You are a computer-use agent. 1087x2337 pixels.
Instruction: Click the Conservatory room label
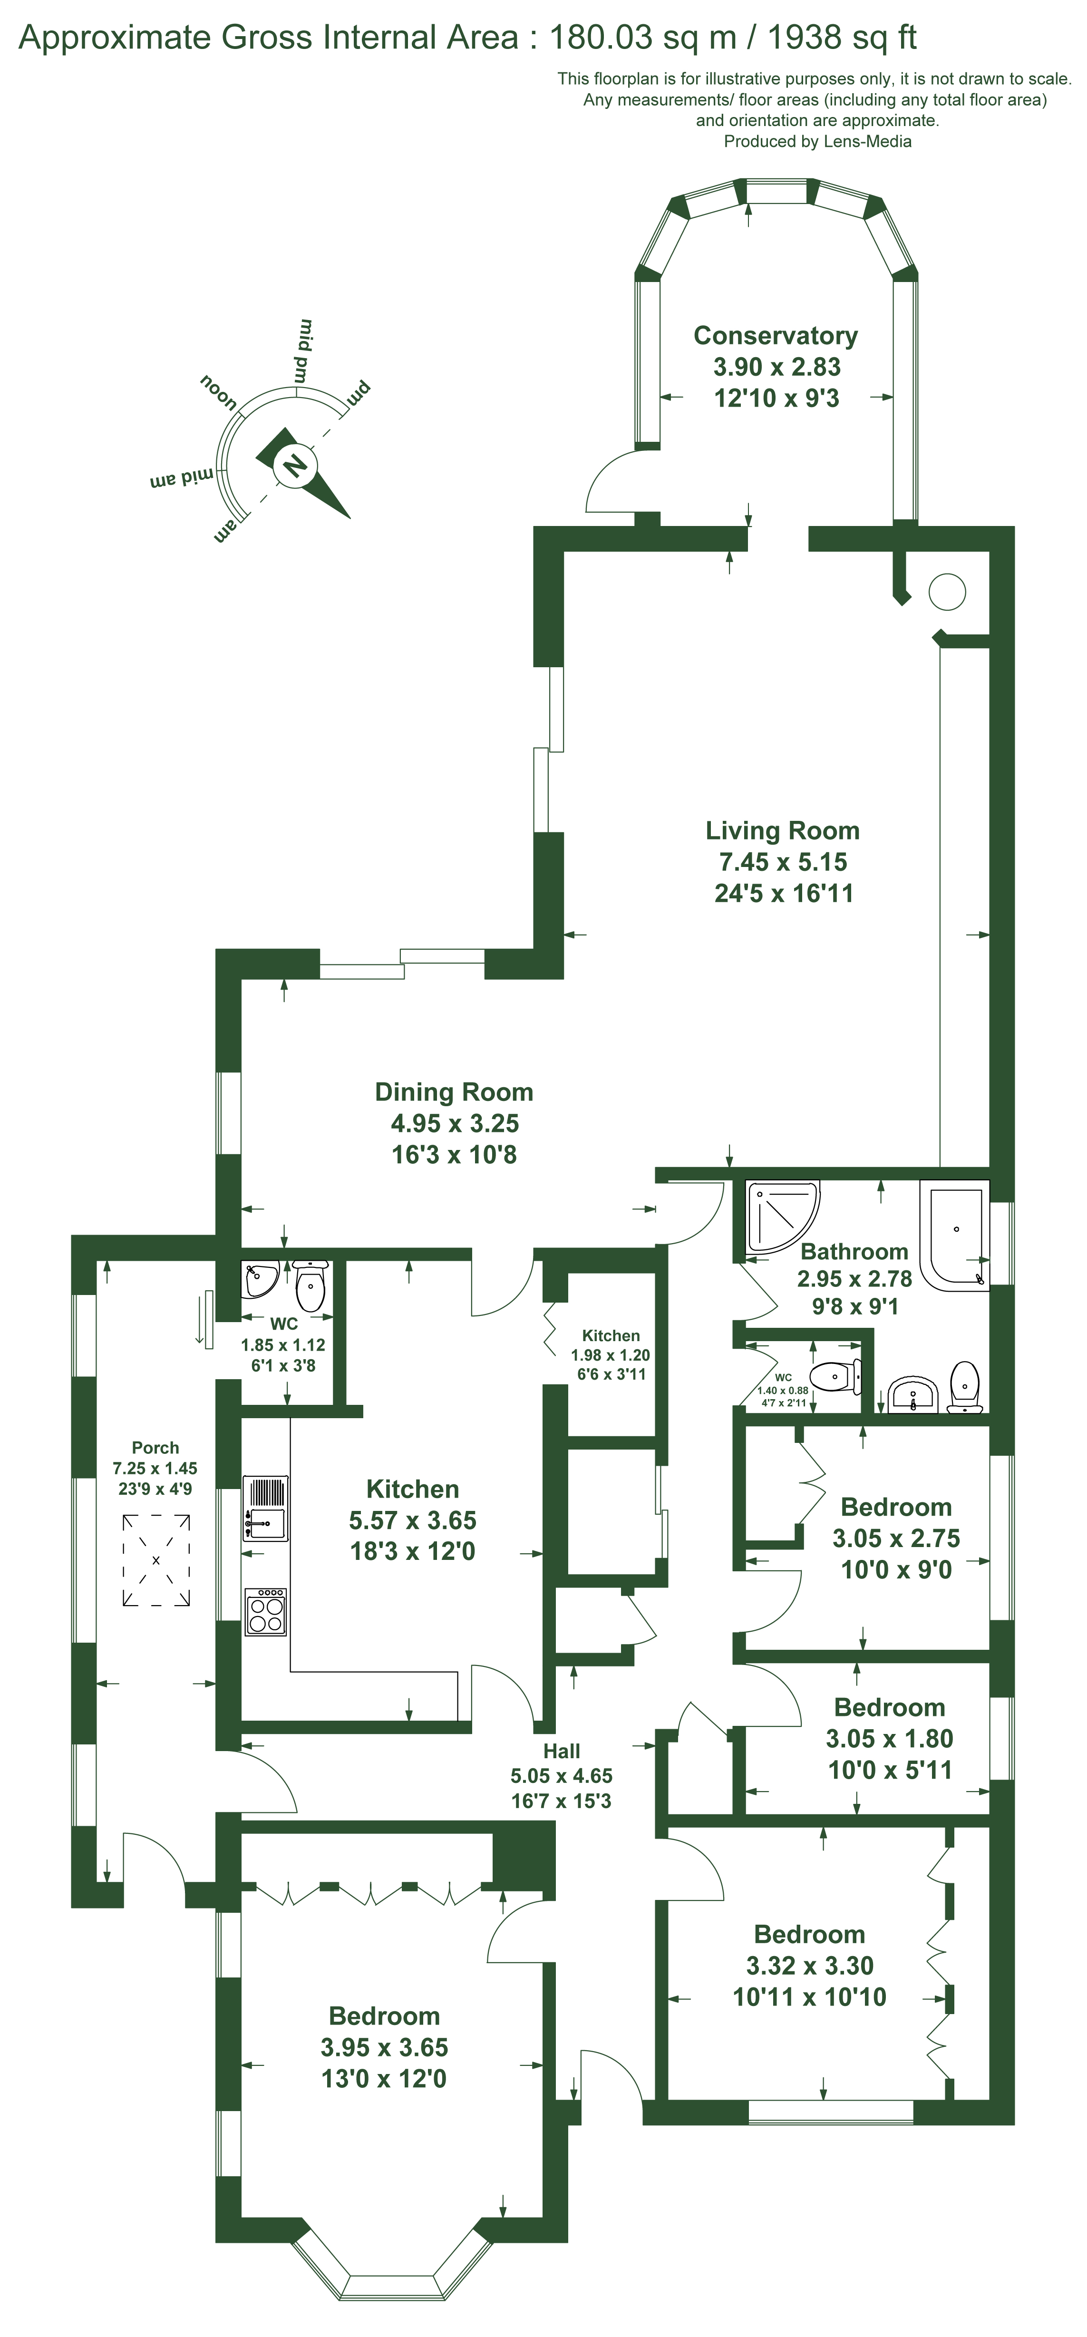click(x=776, y=336)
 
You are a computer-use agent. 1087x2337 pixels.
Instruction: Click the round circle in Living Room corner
click(x=947, y=592)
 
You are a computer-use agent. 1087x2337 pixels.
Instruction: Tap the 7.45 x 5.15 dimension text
click(x=782, y=862)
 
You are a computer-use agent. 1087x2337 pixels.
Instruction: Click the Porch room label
click(x=155, y=1448)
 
